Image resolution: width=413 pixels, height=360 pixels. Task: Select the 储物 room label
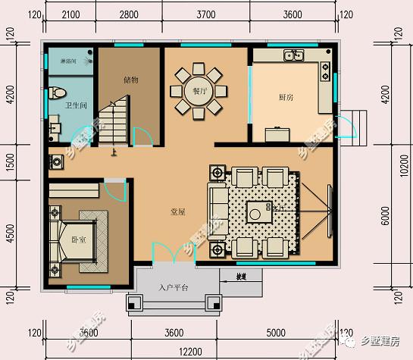click(x=130, y=78)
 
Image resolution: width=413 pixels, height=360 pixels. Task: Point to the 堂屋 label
click(x=178, y=214)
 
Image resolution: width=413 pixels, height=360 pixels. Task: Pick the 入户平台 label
click(x=174, y=288)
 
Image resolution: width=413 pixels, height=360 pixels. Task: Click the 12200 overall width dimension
click(x=190, y=352)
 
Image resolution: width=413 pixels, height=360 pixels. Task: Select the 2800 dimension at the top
click(x=129, y=14)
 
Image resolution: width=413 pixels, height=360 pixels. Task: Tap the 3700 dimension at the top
click(x=205, y=14)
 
